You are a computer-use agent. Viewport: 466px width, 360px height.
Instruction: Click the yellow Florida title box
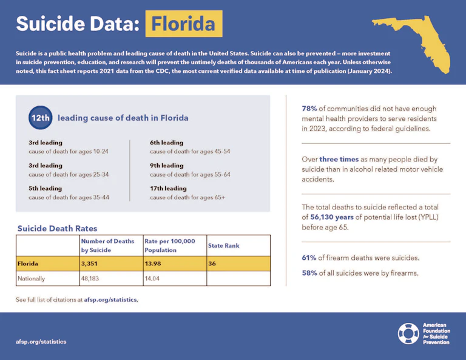[x=183, y=24]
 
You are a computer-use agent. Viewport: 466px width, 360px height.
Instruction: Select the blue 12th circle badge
[x=41, y=118]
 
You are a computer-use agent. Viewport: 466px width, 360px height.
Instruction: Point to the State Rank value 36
[x=212, y=263]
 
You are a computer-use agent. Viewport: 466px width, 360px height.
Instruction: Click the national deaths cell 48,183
[x=93, y=279]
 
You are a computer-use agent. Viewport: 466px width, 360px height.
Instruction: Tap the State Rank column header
[x=224, y=246]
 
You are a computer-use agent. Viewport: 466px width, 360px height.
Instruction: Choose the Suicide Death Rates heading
[x=57, y=229]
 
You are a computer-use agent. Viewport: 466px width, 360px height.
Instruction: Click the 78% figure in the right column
[x=310, y=108]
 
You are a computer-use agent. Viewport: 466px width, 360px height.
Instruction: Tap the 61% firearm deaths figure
[x=309, y=258]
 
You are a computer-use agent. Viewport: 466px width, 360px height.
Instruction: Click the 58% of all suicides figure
[x=309, y=273]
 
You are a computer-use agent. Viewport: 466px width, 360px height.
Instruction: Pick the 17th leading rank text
[x=168, y=188]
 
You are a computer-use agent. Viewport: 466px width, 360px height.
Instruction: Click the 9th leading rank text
[x=166, y=165]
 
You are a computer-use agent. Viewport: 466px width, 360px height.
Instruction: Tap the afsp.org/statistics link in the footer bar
[x=41, y=341]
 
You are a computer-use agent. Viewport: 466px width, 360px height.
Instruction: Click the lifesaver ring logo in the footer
[x=408, y=333]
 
